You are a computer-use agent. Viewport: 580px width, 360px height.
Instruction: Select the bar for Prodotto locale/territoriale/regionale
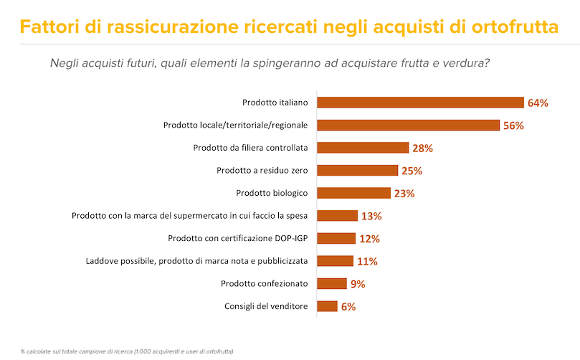(408, 125)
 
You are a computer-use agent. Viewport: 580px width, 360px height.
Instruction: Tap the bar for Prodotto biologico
(353, 193)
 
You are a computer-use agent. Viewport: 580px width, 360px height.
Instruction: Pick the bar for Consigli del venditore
(327, 306)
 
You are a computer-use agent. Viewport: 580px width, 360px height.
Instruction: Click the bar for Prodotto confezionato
(332, 283)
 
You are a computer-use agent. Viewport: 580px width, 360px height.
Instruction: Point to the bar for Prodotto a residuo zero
(357, 171)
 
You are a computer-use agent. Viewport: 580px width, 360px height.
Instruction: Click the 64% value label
(538, 103)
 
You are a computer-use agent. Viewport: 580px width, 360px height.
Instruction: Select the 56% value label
(513, 125)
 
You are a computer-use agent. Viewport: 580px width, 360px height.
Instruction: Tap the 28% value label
(422, 148)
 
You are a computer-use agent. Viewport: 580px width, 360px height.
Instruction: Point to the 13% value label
(371, 216)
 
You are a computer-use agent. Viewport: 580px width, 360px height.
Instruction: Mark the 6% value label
(348, 306)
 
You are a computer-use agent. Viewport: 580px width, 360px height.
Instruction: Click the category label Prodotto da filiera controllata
(250, 148)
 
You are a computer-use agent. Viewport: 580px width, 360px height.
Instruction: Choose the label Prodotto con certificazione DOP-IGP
(237, 238)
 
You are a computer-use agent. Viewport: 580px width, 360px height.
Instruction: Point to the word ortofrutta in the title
(515, 27)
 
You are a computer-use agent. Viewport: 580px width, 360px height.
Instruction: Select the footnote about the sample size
(127, 351)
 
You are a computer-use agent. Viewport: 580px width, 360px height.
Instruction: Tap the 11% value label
(366, 261)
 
